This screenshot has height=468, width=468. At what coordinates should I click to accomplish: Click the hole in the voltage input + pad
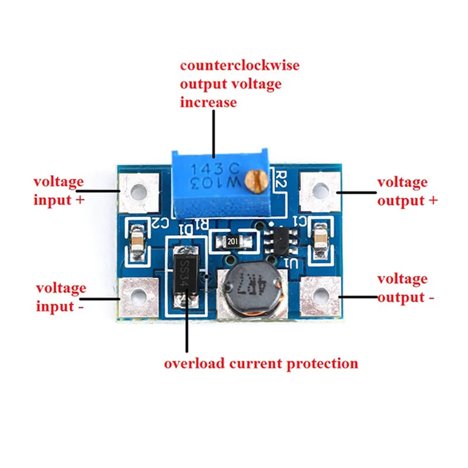[139, 191]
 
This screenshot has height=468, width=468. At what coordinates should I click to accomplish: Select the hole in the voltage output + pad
[319, 191]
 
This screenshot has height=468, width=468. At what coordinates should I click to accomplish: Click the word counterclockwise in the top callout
[239, 65]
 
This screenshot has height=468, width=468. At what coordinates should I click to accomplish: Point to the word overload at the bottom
[191, 363]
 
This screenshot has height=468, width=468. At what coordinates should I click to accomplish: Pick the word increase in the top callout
[208, 102]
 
